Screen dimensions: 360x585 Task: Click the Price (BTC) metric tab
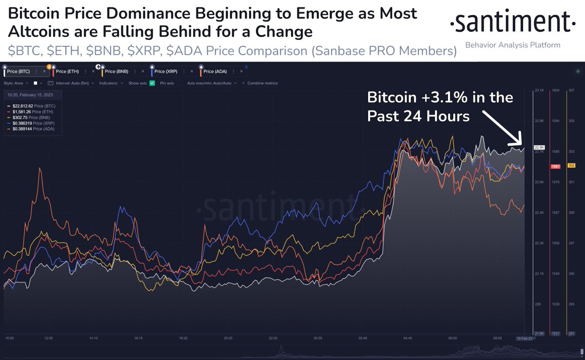pos(19,72)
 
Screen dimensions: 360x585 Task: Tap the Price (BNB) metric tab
pos(117,72)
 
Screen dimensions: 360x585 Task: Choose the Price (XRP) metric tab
pos(166,72)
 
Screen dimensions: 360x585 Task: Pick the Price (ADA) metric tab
pos(214,72)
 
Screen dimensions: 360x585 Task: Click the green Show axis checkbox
pos(152,83)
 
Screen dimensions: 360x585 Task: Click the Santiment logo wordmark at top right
pos(509,22)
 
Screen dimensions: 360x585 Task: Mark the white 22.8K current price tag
pos(539,147)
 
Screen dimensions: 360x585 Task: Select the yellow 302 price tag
pos(572,166)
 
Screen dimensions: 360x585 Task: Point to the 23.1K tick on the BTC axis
pos(539,91)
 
